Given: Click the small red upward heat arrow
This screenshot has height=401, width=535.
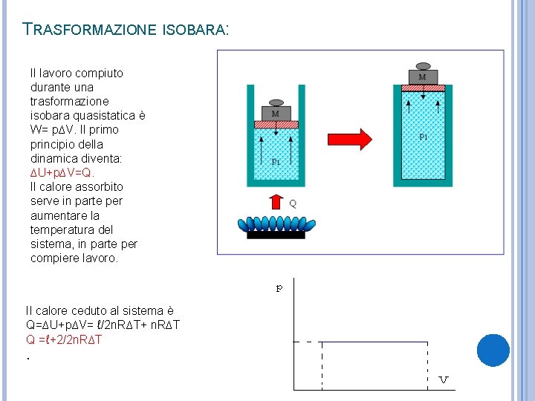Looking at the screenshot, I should [276, 202].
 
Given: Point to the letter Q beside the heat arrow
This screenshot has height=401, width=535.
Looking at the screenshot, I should [292, 203].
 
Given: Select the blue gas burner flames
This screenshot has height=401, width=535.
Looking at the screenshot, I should [276, 224].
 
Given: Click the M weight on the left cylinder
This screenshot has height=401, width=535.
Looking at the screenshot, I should [276, 111].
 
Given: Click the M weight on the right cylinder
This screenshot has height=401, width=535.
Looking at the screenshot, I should [423, 75].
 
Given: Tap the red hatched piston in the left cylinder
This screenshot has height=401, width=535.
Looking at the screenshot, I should [276, 124].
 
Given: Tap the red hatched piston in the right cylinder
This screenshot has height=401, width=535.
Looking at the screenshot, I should [423, 88].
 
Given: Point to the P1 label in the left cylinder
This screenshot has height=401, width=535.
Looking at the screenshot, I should [276, 161].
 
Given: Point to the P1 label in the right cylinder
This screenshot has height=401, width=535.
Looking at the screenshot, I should [424, 137].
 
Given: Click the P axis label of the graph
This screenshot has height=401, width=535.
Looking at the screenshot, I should [279, 289].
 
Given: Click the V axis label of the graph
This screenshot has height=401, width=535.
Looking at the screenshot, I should [444, 380].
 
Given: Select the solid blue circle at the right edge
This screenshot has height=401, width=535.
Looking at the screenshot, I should [493, 351].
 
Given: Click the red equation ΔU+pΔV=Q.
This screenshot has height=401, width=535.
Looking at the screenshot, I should [62, 172].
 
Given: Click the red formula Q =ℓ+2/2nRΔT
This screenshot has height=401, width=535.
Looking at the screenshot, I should [64, 339].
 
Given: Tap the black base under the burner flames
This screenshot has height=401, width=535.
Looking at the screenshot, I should [276, 235].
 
